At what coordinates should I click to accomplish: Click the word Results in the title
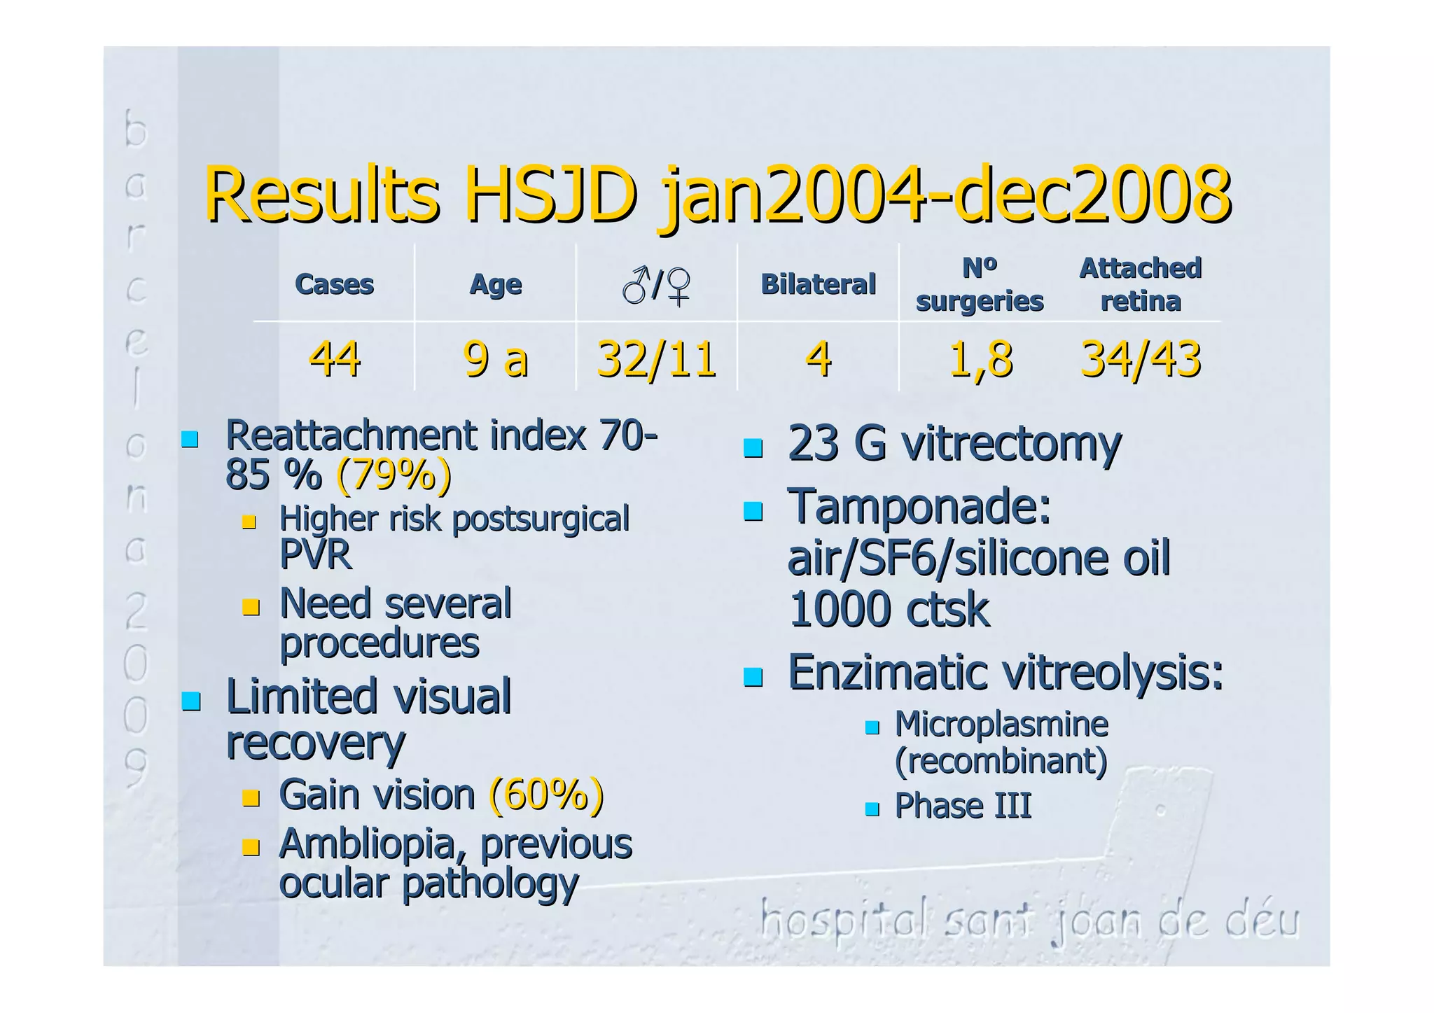click(x=321, y=195)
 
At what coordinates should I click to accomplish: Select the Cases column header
click(x=334, y=284)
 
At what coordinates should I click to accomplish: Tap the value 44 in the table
click(x=334, y=359)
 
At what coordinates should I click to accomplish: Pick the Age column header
click(x=495, y=284)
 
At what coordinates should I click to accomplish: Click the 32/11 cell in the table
click(x=656, y=359)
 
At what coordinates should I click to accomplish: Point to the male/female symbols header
click(x=656, y=286)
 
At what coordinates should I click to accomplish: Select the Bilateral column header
click(x=818, y=284)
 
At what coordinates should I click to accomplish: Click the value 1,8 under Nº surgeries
click(x=980, y=359)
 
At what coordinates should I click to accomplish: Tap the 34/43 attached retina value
click(x=1141, y=359)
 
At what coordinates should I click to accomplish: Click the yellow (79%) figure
click(x=394, y=475)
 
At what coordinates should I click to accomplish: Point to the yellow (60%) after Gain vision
click(x=546, y=795)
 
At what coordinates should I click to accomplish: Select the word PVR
click(x=315, y=555)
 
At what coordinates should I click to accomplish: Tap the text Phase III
click(x=963, y=806)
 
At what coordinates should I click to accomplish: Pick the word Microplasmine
click(x=1001, y=725)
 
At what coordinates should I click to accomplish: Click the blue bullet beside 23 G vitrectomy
click(x=753, y=447)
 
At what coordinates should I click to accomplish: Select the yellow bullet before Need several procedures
click(x=251, y=606)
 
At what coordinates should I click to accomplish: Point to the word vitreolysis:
click(x=1113, y=673)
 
